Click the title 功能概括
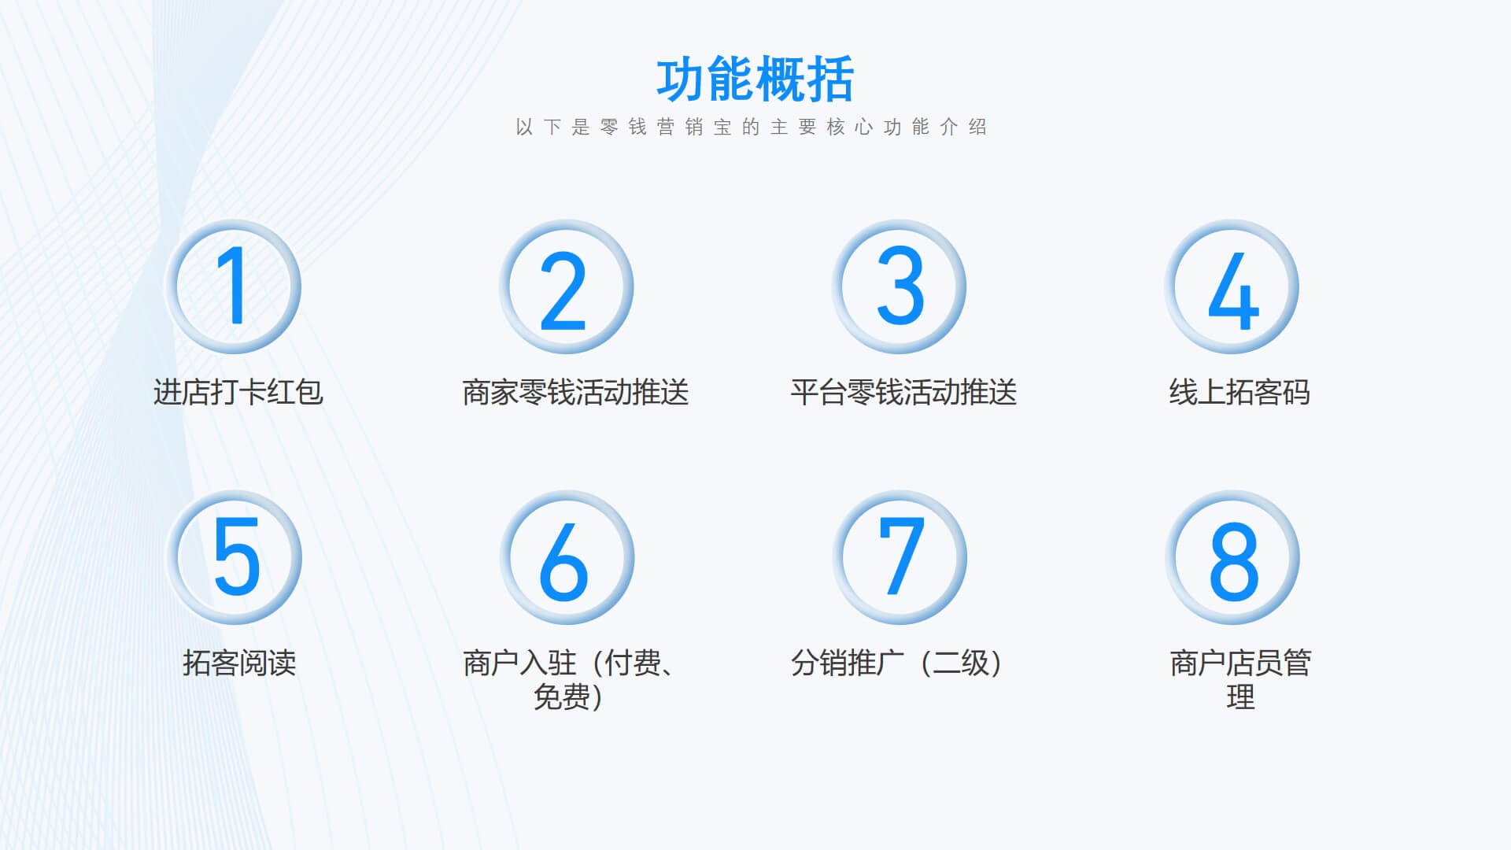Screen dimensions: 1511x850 coord(755,79)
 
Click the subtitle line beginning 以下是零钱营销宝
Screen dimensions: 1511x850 coord(752,128)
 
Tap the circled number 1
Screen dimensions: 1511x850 coord(233,286)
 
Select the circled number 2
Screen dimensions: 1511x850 coord(566,286)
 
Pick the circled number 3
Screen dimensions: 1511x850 coord(899,286)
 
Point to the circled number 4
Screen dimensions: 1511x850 coord(1232,286)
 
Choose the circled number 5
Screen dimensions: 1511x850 coord(234,556)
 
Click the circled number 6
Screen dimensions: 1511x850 coord(567,556)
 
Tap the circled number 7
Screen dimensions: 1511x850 coord(900,556)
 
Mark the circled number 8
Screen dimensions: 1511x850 coord(1232,556)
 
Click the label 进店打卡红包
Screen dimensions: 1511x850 coord(238,392)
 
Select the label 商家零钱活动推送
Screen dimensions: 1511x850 coord(575,392)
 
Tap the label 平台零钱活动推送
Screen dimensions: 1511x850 coord(903,392)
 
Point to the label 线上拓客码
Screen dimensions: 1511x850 coord(1239,392)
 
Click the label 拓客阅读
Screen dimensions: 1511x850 coord(239,663)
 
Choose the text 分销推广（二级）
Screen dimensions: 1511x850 coord(897,663)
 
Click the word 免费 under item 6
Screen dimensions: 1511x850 coord(561,697)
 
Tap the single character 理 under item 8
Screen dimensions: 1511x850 coord(1240,697)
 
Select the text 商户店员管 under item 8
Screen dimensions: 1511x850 coord(1240,663)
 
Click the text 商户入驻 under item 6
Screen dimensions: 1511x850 coord(519,663)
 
